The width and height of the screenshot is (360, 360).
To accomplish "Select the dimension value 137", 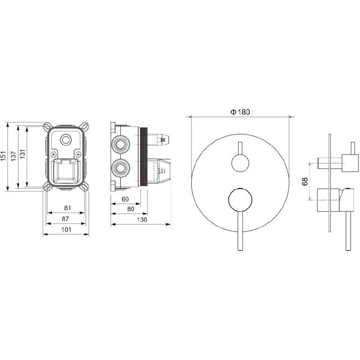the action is (14, 156).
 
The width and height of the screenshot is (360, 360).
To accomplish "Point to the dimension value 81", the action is (68, 208).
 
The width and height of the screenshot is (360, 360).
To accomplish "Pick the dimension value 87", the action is (66, 219).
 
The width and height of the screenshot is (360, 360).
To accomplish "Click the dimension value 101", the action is (67, 230).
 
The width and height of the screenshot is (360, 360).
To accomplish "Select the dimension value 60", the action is (125, 199).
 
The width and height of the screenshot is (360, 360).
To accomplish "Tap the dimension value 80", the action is (130, 209).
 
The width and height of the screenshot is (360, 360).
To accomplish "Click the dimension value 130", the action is (142, 220).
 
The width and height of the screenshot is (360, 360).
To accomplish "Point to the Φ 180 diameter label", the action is (240, 112).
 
